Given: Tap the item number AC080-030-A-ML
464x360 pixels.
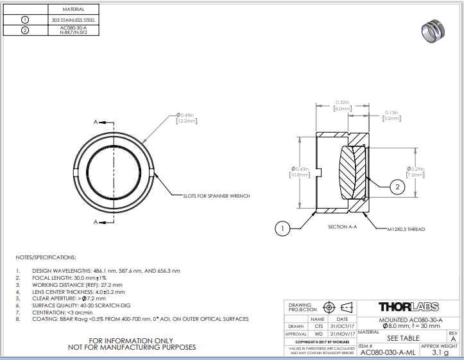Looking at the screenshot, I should coord(388,352).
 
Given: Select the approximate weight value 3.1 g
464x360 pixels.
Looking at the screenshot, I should coord(440,352).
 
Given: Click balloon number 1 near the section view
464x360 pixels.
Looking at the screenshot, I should coord(282,227).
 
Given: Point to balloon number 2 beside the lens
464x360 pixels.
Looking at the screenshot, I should coord(397,187).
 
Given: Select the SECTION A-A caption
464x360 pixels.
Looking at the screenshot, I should coord(342,227).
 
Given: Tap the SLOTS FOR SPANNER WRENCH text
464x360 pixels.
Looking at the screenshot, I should coord(216,196).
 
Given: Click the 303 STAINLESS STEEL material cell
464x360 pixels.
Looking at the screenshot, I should coord(73,20).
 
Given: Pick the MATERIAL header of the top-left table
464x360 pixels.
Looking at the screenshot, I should coord(73,10).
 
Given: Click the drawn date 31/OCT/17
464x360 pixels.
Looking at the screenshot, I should coord(342,326).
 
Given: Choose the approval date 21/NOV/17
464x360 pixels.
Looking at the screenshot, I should coord(342,334).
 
